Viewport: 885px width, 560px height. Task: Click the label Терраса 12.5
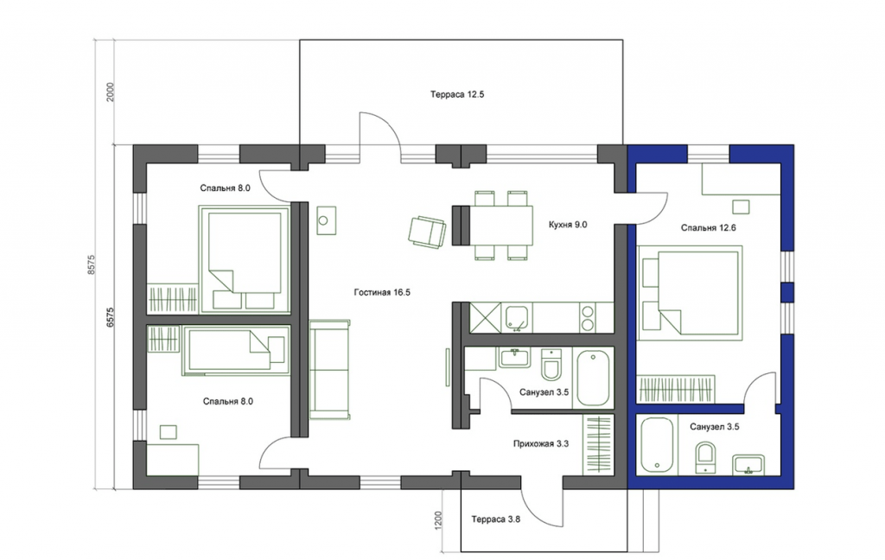457,94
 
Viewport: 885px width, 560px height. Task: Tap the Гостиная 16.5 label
382,292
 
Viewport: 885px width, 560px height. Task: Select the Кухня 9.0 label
568,225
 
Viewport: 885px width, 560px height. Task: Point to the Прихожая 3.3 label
541,443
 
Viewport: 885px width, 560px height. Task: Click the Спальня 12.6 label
709,228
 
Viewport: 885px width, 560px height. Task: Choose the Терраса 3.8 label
495,519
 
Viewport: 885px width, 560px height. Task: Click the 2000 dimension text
111,92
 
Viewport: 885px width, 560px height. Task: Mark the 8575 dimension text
92,264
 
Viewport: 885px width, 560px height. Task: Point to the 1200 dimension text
439,520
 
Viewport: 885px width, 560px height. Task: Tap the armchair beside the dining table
427,232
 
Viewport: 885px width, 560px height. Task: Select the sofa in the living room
329,370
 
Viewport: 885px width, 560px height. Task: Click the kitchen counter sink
517,318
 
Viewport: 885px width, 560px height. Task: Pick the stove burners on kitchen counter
588,318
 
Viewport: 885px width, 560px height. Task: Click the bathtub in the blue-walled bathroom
657,445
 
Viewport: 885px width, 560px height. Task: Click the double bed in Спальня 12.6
690,294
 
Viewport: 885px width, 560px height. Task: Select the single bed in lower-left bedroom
236,350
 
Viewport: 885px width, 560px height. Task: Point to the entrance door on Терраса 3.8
541,504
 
